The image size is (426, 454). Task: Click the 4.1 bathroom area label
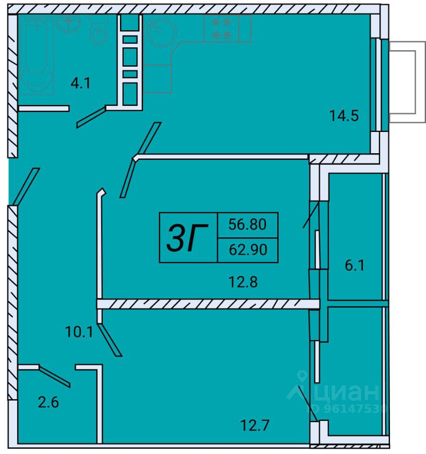click(x=81, y=83)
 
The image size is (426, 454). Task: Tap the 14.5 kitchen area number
click(x=344, y=115)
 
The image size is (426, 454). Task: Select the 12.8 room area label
click(x=243, y=282)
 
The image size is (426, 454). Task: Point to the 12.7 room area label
click(x=255, y=425)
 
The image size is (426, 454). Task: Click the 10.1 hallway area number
click(x=79, y=332)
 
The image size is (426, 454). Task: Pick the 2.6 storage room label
click(x=48, y=402)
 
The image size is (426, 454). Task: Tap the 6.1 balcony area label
click(x=354, y=265)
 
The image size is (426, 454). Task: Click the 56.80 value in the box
click(x=247, y=224)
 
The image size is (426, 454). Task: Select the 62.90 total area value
click(x=248, y=250)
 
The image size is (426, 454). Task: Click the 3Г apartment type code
click(x=188, y=238)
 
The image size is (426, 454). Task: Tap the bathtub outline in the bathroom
click(x=36, y=55)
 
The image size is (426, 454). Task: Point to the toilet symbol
click(x=99, y=30)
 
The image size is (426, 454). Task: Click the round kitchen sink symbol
click(x=162, y=32)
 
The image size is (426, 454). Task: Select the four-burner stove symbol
click(x=221, y=28)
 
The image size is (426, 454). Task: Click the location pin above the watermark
click(x=302, y=376)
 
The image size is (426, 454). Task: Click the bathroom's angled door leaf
click(x=91, y=117)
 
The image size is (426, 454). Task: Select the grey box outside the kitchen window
click(x=407, y=82)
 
